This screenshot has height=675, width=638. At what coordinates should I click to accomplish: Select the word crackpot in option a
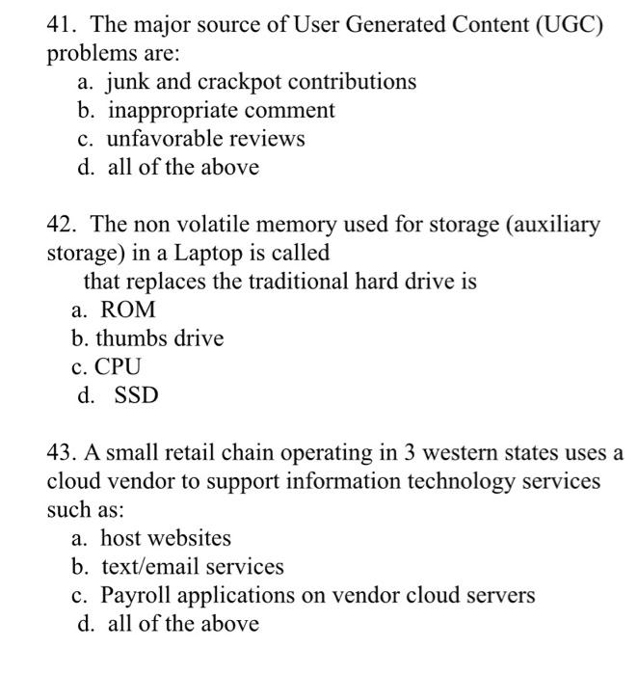pyautogui.click(x=226, y=82)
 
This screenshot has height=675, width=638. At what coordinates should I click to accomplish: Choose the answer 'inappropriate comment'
pyautogui.click(x=221, y=111)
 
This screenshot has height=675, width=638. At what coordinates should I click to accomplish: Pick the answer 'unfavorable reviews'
pyautogui.click(x=205, y=139)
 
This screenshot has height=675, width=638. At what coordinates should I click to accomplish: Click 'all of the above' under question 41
pyautogui.click(x=183, y=168)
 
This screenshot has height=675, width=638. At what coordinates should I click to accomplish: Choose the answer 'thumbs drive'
pyautogui.click(x=159, y=339)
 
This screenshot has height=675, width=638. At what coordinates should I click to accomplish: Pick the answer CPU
pyautogui.click(x=118, y=367)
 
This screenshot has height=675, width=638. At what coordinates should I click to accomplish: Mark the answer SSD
pyautogui.click(x=136, y=395)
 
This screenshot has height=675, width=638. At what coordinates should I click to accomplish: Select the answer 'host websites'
pyautogui.click(x=165, y=538)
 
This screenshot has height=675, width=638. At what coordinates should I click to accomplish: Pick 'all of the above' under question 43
pyautogui.click(x=183, y=624)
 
